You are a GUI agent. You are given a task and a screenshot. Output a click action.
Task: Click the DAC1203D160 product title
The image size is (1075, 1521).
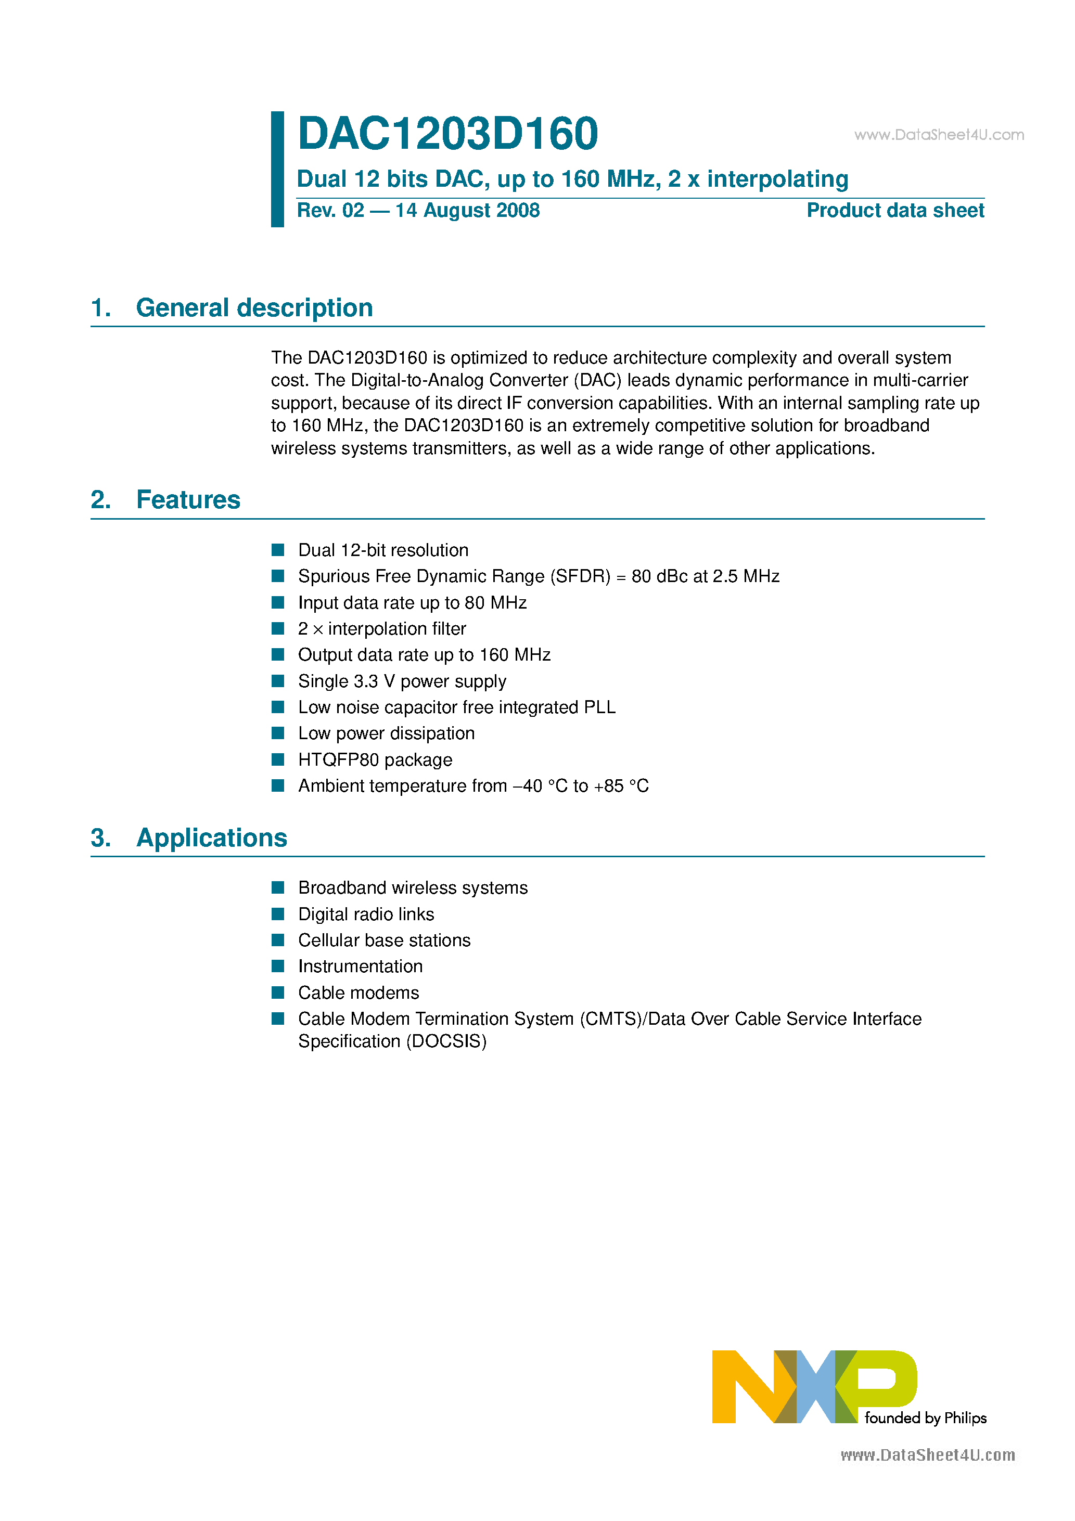pyautogui.click(x=447, y=134)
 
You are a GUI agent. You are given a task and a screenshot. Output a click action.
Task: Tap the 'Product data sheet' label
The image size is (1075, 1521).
pyautogui.click(x=895, y=211)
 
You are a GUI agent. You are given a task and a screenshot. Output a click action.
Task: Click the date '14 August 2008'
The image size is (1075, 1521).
pyautogui.click(x=467, y=211)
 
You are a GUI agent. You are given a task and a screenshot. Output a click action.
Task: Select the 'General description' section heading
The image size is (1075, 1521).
pyautogui.click(x=254, y=308)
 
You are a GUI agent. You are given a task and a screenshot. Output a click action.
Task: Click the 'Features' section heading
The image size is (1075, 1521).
pyautogui.click(x=188, y=500)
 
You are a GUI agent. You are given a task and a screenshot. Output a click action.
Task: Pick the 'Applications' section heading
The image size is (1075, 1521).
pyautogui.click(x=211, y=838)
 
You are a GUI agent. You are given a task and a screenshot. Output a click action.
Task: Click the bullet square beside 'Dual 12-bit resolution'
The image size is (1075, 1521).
pyautogui.click(x=278, y=550)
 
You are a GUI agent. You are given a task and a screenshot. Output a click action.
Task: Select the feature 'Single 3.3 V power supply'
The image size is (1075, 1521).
pyautogui.click(x=402, y=681)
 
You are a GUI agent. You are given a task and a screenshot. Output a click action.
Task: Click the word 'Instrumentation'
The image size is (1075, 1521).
pyautogui.click(x=360, y=966)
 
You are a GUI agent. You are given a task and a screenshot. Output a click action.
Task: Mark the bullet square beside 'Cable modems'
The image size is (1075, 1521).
pyautogui.click(x=278, y=992)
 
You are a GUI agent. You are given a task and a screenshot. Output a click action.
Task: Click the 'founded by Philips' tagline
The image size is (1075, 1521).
pyautogui.click(x=925, y=1419)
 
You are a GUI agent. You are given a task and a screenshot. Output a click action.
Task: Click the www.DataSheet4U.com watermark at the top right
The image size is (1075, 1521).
pyautogui.click(x=939, y=135)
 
